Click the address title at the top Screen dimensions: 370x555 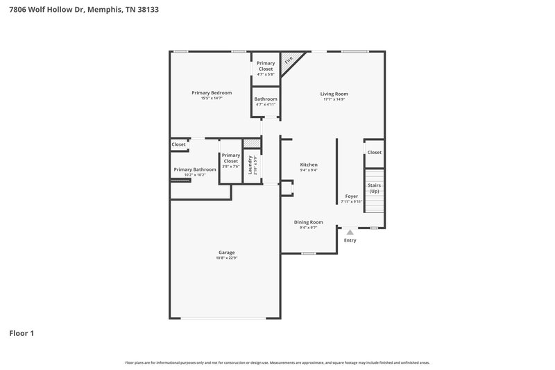[84, 10]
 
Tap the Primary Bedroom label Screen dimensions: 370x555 [212, 92]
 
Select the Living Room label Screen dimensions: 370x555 [334, 94]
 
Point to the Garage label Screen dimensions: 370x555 [226, 252]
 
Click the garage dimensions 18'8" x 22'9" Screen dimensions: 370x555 [226, 258]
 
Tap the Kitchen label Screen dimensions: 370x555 [309, 165]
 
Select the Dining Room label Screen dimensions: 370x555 [308, 222]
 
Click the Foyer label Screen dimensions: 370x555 [352, 196]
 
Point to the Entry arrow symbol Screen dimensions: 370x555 [350, 233]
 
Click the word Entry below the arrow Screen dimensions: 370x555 [350, 240]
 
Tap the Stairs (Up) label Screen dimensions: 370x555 [374, 187]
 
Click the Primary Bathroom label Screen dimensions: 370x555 [194, 169]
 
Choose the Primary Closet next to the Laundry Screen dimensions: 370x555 [230, 158]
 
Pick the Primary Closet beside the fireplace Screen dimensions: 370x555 [266, 66]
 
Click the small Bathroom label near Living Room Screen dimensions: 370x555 [266, 99]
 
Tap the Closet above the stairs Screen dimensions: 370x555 [374, 152]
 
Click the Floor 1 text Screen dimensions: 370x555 [22, 333]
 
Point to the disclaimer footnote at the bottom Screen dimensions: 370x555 [277, 362]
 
